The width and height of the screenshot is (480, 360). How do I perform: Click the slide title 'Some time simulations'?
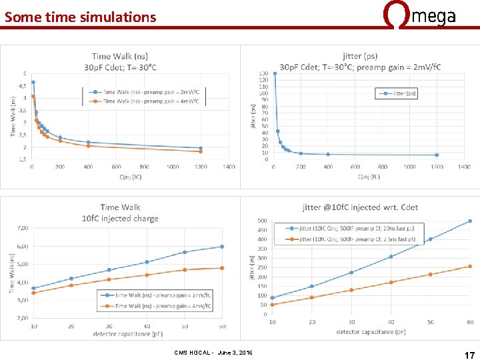(x=80, y=17)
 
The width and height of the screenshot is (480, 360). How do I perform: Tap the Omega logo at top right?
(x=420, y=15)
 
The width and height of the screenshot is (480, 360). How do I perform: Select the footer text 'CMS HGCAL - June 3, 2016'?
(x=213, y=351)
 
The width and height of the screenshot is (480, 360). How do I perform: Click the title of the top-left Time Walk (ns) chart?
(x=121, y=61)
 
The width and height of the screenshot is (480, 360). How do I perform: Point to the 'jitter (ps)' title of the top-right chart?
(x=360, y=57)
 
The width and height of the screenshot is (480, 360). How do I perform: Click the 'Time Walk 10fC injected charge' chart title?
(x=120, y=213)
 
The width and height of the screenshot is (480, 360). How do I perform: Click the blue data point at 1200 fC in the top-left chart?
(x=201, y=148)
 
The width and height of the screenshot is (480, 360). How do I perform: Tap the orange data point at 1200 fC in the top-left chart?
(x=201, y=152)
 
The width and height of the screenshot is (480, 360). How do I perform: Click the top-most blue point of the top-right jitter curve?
(x=275, y=73)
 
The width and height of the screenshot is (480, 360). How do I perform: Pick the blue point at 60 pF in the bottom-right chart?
(x=469, y=221)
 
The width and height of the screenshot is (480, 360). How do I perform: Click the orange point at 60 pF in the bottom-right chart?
(x=469, y=266)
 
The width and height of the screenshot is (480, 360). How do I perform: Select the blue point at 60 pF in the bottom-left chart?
(x=222, y=247)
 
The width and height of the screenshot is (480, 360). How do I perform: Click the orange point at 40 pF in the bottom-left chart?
(x=147, y=275)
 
